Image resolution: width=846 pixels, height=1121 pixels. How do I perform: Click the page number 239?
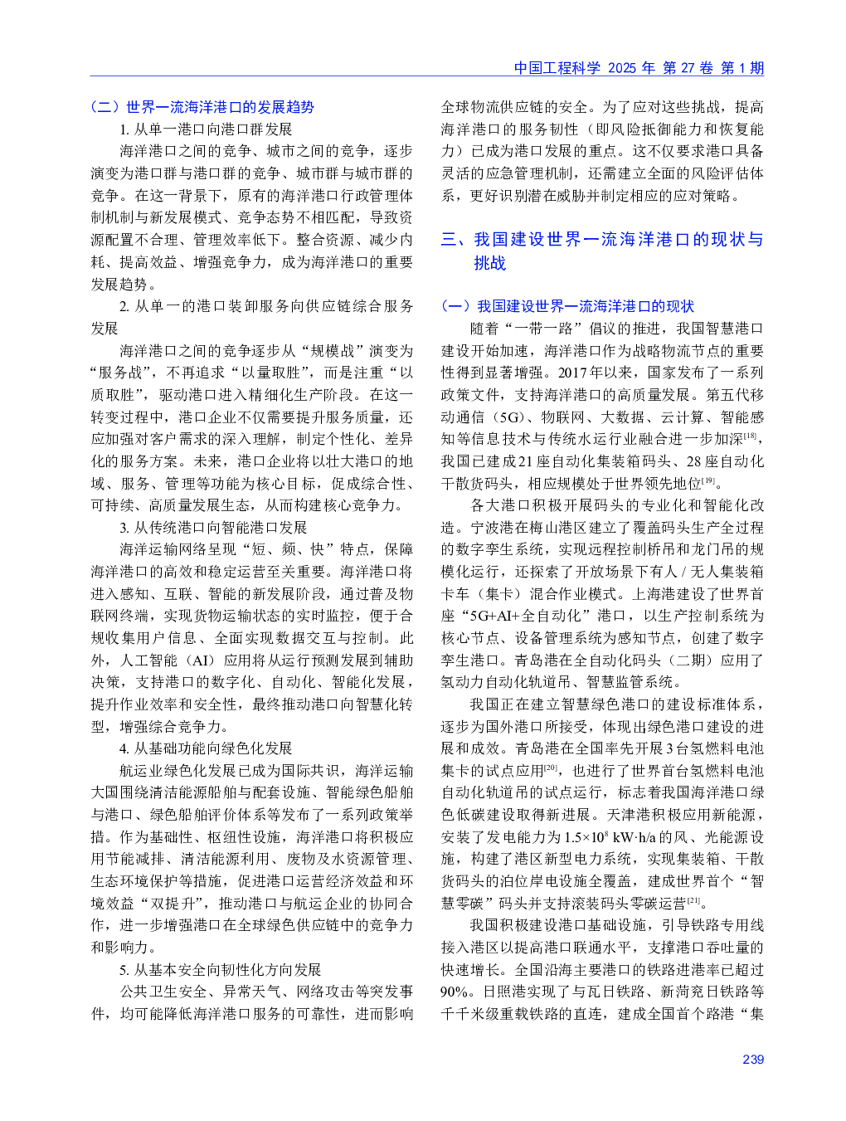752,1059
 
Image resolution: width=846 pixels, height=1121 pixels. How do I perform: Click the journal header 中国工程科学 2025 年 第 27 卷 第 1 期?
638,68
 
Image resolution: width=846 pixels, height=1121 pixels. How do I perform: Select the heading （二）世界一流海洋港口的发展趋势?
202,107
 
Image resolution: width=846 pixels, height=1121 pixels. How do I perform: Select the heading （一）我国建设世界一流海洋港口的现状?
567,306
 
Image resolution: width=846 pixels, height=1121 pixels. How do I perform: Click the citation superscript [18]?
750,436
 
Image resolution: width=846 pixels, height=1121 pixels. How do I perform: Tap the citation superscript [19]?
709,480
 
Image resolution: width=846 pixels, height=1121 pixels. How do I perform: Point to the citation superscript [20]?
552,768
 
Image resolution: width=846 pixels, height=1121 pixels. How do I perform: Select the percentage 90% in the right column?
455,992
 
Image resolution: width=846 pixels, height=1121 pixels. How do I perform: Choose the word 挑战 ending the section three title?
489,263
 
